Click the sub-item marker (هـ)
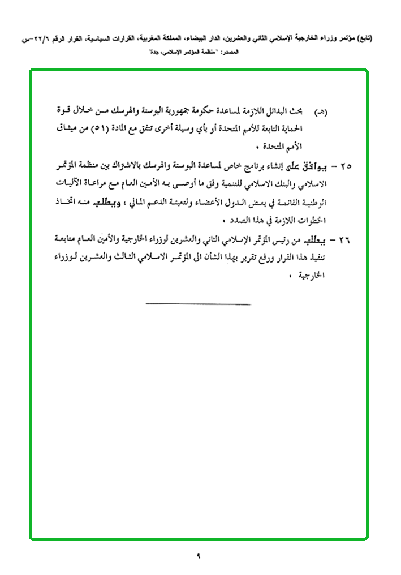point(335,113)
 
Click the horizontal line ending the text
point(197,304)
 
